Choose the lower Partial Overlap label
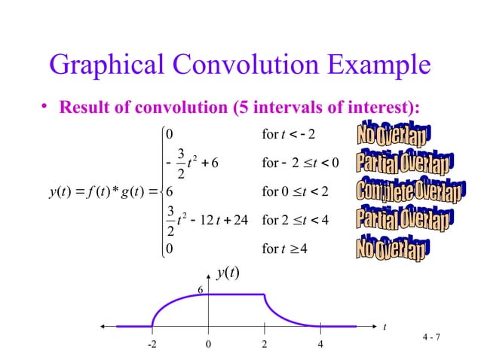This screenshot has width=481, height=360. coord(404,219)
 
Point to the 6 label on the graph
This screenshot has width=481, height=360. coord(201,290)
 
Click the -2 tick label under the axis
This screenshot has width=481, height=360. coord(152,344)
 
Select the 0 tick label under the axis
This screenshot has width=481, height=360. coord(208,344)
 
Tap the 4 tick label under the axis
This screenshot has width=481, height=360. coord(320,344)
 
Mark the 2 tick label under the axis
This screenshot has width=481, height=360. coord(265,344)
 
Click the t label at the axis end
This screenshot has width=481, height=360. coord(384,327)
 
